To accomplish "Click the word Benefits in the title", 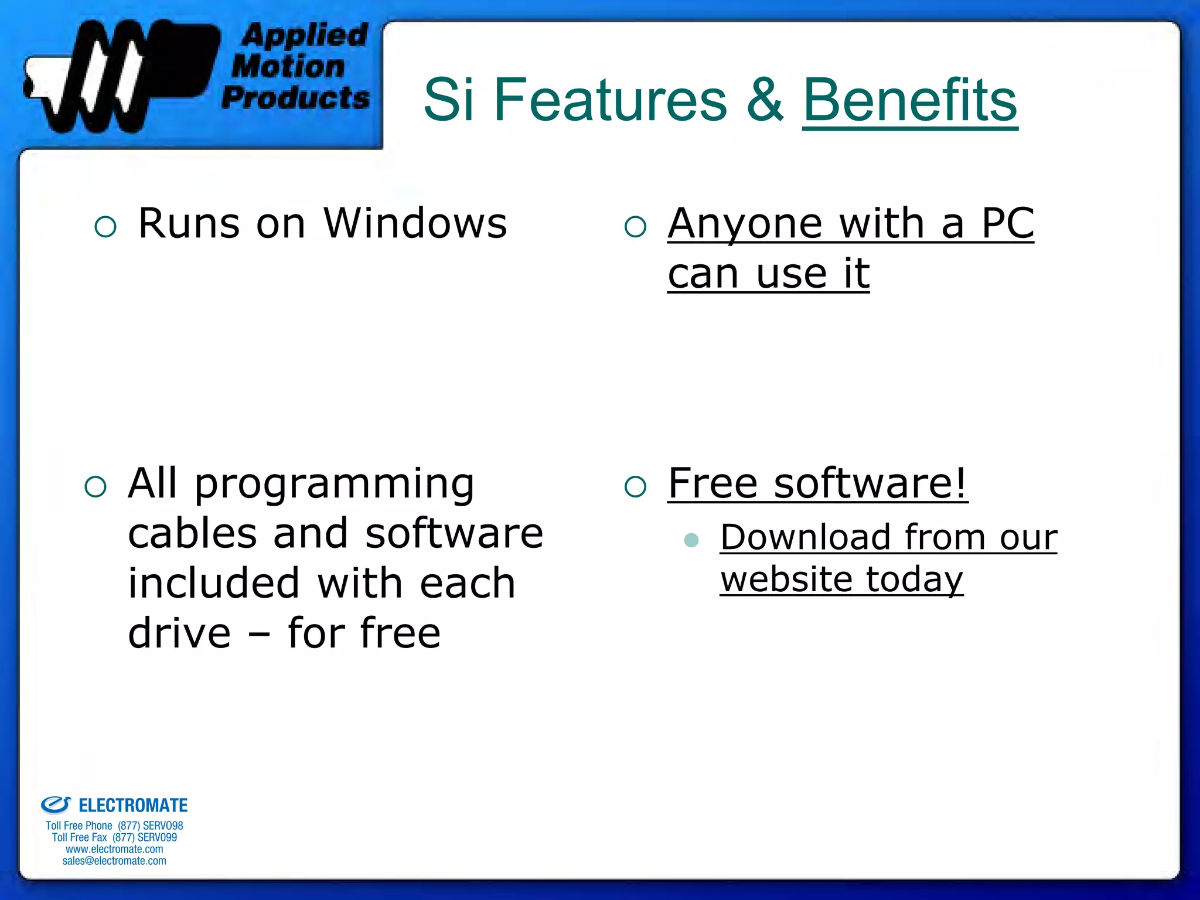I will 909,101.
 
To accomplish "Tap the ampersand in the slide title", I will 764,101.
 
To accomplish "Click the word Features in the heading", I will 610,101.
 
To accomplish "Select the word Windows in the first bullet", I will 415,224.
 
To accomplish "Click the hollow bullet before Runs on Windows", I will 105,227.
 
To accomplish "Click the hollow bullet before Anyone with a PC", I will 635,227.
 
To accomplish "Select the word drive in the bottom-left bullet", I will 179,634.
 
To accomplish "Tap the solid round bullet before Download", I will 691,540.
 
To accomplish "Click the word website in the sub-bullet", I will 786,580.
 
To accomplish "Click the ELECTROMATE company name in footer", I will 133,806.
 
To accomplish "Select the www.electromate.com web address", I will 114,849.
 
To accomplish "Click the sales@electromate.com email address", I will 114,861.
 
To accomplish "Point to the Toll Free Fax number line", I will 114,837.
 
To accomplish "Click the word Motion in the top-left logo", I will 288,66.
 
